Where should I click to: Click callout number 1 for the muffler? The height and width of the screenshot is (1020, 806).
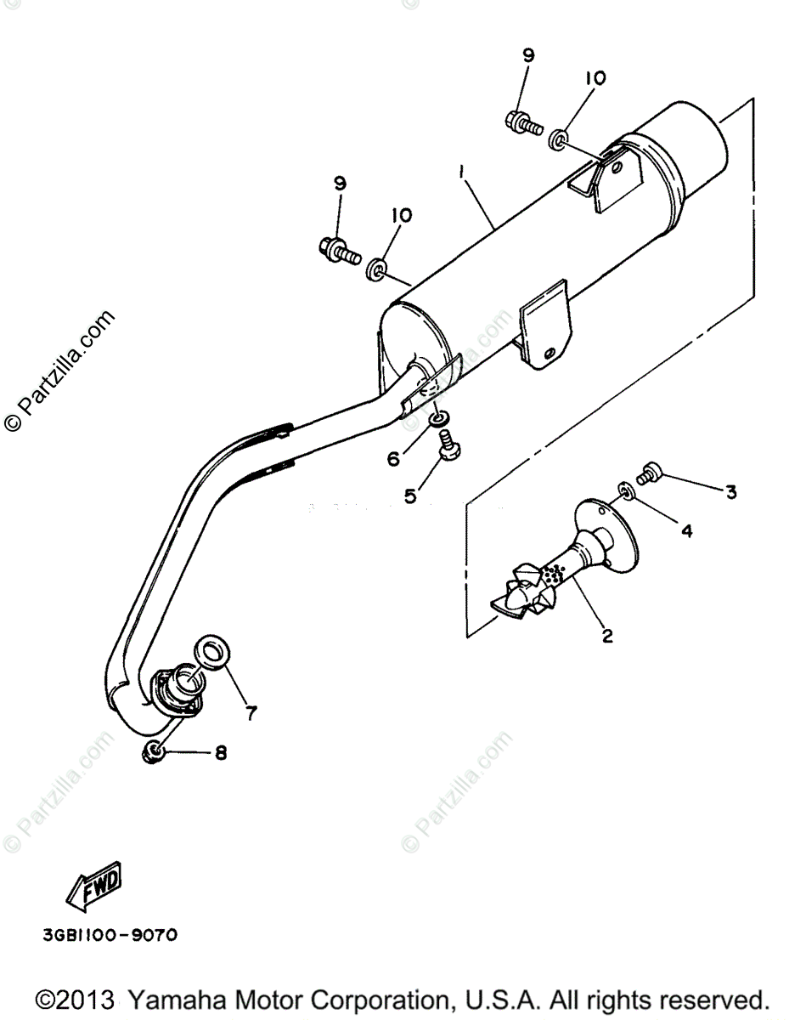click(461, 172)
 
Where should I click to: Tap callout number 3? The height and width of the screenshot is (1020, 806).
click(730, 491)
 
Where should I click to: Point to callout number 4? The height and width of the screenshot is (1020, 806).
click(686, 531)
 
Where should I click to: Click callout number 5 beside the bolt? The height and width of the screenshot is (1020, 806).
click(411, 495)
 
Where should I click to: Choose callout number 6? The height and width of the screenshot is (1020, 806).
click(393, 459)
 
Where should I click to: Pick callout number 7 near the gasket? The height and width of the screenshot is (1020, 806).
click(251, 712)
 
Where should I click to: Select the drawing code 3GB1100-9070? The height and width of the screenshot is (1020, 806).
click(110, 936)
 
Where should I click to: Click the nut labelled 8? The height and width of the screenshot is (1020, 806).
click(154, 751)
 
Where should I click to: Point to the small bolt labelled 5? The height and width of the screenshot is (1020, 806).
click(445, 442)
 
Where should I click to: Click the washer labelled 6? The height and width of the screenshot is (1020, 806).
click(437, 420)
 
